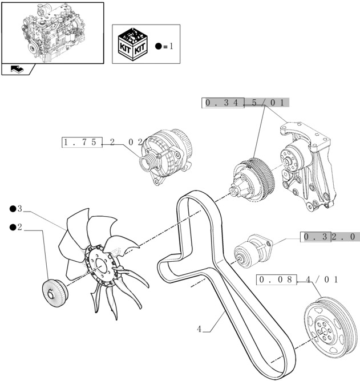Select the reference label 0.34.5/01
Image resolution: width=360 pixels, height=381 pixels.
(x=245, y=103)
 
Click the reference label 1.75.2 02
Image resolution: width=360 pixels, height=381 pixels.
(x=103, y=142)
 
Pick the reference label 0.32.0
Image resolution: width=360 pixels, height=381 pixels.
(x=330, y=236)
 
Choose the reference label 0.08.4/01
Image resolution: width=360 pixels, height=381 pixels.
(x=298, y=279)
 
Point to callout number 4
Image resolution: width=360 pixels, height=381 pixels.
(x=199, y=329)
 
